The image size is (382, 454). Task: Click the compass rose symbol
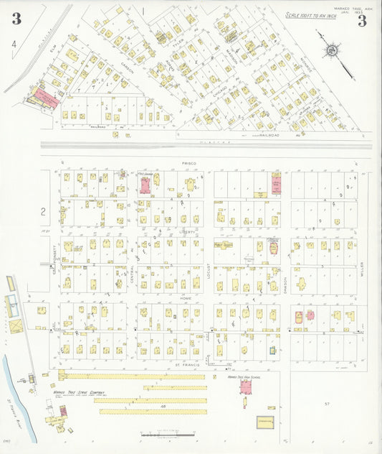(x=332, y=51)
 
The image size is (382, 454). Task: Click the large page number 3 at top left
(x=16, y=19)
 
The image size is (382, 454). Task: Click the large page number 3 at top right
(x=362, y=20)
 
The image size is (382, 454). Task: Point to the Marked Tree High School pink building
(x=245, y=388)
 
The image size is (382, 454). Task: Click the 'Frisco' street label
(x=188, y=164)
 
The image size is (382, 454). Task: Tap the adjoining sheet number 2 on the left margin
(x=43, y=211)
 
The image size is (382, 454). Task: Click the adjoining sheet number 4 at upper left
(x=13, y=44)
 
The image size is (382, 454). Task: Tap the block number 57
(x=326, y=404)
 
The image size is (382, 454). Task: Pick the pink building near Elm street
(x=45, y=98)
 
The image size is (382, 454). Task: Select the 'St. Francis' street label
(x=188, y=366)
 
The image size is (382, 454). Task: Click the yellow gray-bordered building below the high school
(x=265, y=422)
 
